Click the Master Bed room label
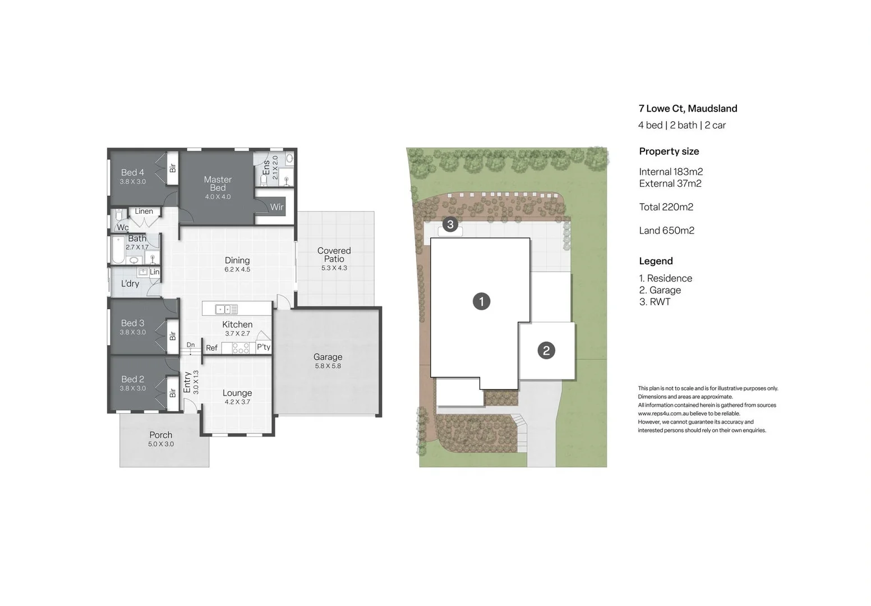point(218,183)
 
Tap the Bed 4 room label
point(132,173)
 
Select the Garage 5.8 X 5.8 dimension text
point(328,366)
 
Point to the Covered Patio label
point(334,255)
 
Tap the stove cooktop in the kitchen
point(241,348)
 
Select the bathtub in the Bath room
point(118,250)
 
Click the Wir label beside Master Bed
point(276,207)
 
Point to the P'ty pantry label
point(263,347)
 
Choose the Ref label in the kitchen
point(211,348)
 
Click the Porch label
point(161,435)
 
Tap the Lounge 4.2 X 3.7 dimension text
point(237,402)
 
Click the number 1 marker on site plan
point(481,301)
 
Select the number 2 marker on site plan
point(546,351)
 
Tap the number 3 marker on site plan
point(450,225)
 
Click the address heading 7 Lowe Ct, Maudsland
point(688,109)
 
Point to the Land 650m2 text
point(666,231)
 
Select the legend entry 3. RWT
point(655,302)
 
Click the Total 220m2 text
point(666,207)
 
